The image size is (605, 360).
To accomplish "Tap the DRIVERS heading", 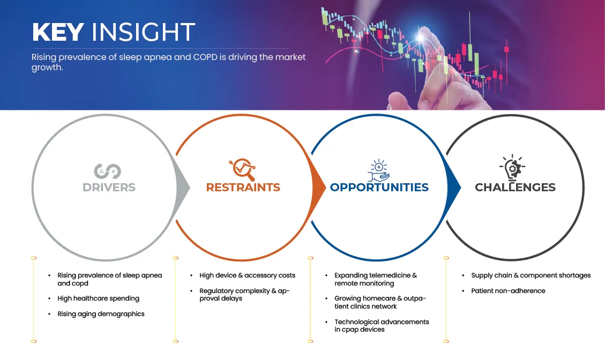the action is tap(109, 187).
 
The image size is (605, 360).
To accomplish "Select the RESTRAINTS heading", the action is tap(243, 187).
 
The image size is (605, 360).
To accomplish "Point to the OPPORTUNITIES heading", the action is tap(379, 187).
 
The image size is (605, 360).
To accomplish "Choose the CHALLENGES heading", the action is tap(515, 187).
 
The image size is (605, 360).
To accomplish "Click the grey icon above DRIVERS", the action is tap(107, 171).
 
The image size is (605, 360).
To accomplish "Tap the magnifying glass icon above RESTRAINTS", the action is tap(242, 169).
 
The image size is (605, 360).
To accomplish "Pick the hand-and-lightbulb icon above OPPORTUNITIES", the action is tap(378, 170).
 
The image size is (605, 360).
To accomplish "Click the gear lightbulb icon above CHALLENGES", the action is tap(512, 168).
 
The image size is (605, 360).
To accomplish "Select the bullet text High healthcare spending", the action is tap(99, 298).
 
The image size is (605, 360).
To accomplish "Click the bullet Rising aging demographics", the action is tap(101, 314).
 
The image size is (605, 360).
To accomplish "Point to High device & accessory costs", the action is tap(248, 275).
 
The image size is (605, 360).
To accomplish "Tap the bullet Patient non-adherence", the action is tap(508, 290).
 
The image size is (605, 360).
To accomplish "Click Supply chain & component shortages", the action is tap(531, 275).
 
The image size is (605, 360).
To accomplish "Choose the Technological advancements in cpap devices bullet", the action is tap(382, 325).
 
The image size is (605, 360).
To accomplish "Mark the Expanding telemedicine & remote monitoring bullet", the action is tap(376, 279).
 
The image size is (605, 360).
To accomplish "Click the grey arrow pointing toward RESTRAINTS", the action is tap(183, 187).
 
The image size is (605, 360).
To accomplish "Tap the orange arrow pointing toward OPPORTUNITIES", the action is tap(318, 187).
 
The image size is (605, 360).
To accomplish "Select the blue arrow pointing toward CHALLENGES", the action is tap(454, 187).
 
